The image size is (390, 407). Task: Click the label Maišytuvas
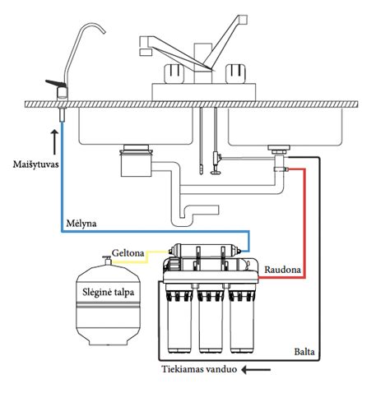[x=35, y=164]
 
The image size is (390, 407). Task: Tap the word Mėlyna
[x=81, y=224]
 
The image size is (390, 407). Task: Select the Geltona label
[x=128, y=253]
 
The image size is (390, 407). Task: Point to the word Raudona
[x=282, y=270]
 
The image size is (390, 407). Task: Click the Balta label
[x=304, y=352]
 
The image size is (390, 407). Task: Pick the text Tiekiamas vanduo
[x=199, y=369]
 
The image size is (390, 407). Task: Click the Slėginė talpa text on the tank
[x=109, y=293]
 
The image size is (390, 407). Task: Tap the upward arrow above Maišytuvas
[x=54, y=142]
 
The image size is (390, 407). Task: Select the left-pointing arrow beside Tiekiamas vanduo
[x=256, y=370]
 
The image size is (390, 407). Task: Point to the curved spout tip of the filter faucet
[x=104, y=31]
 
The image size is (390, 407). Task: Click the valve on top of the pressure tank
[x=107, y=260]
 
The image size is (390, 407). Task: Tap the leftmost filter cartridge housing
[x=179, y=318]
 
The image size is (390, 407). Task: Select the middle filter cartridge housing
[x=211, y=318]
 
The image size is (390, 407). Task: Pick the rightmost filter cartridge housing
[x=243, y=318]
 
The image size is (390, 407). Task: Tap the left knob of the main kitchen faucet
[x=174, y=73]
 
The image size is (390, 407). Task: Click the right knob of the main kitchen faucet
[x=235, y=73]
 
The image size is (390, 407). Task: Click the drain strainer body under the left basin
[x=136, y=161]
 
